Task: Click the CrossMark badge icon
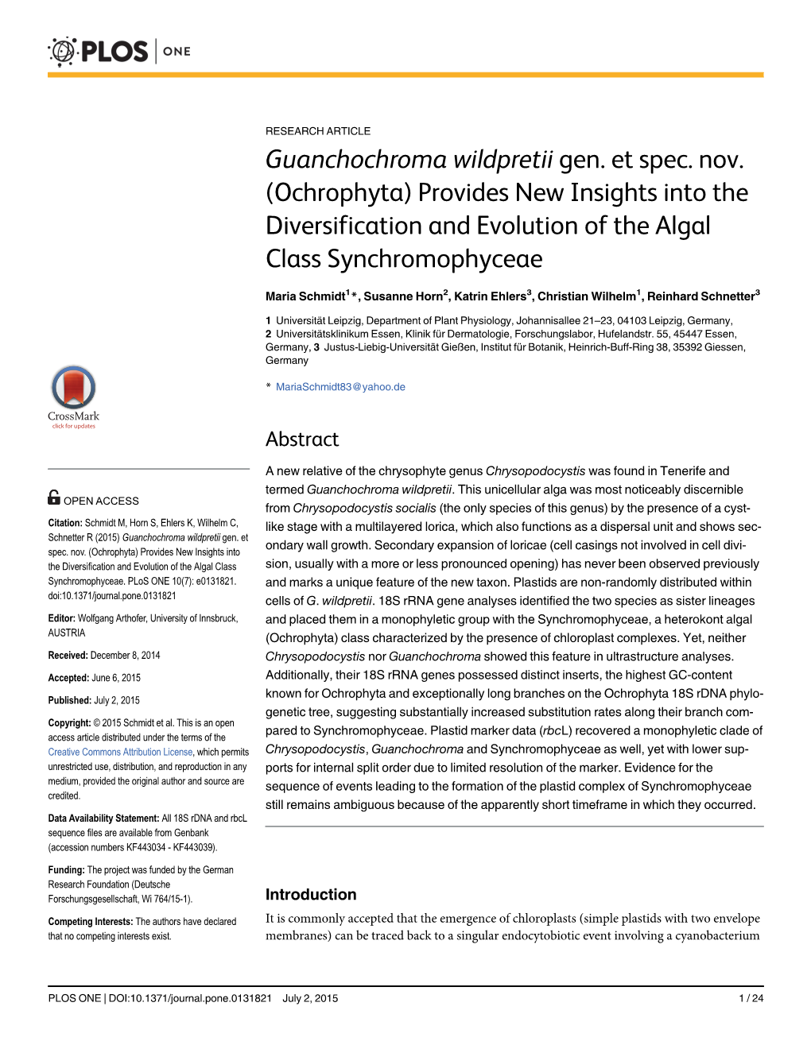(73, 389)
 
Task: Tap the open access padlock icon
(54, 497)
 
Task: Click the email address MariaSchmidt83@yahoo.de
(340, 387)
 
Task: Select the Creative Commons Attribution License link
(120, 752)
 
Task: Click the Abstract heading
(302, 439)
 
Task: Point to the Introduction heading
(311, 894)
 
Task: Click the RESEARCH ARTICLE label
(318, 131)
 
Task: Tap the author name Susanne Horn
(403, 296)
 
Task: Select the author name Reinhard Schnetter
(700, 296)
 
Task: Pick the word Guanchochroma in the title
(355, 160)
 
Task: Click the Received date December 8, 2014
(125, 656)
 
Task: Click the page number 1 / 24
(751, 998)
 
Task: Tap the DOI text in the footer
(190, 998)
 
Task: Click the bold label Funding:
(66, 870)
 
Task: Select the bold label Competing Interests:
(91, 922)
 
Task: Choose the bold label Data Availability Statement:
(103, 819)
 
